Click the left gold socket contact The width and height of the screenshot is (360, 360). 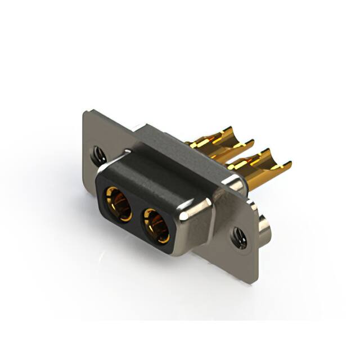tap(117, 203)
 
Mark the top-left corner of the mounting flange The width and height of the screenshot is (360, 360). tap(85, 113)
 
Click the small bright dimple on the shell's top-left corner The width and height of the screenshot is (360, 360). tap(129, 151)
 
